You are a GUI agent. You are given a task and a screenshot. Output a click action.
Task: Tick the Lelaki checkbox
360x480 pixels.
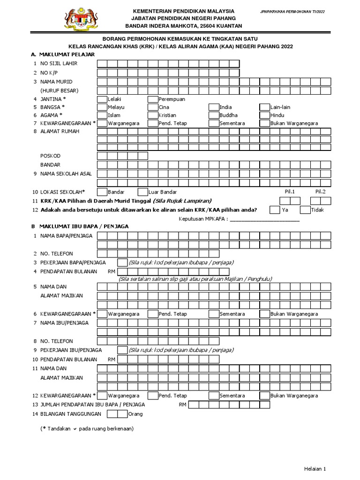coord(102,99)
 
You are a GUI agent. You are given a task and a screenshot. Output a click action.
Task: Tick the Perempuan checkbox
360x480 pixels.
coord(153,99)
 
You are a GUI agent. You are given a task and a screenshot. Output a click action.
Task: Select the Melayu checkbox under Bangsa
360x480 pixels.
coord(102,107)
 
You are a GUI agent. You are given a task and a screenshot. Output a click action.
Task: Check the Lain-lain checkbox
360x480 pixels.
coord(264,107)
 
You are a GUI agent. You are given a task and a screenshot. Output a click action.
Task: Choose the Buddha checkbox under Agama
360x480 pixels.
coord(214,115)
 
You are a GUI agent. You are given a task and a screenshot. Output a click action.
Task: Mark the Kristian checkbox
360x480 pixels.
coord(153,115)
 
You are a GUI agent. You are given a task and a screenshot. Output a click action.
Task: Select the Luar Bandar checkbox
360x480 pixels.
coord(142,192)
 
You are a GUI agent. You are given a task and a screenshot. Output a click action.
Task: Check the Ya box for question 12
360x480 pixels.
coord(275,210)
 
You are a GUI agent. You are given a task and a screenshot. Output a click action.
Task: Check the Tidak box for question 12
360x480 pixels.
coord(305,210)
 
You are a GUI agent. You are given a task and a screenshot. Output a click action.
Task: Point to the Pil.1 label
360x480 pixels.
coord(290,191)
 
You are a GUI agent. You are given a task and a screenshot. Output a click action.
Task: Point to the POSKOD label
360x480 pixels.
coord(50,156)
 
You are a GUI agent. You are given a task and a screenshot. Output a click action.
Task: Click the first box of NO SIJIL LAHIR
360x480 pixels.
coord(102,64)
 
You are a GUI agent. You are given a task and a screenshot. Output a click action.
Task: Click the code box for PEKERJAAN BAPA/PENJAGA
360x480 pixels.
coord(122,262)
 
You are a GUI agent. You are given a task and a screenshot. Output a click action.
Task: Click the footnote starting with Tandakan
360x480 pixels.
coord(87,428)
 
